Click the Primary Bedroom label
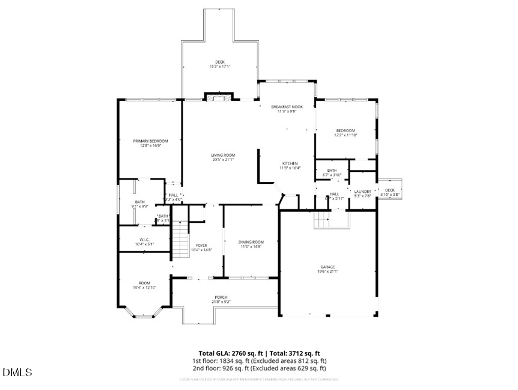point(150,143)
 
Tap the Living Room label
point(222,157)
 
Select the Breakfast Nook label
point(286,109)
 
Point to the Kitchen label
point(290,166)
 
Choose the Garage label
point(327,269)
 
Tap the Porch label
point(221,299)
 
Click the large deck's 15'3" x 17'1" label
point(219,64)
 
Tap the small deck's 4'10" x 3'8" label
point(390,192)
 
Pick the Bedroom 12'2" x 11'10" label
point(346,133)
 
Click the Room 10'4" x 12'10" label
point(144,285)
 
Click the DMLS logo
point(17,373)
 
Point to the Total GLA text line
point(259,353)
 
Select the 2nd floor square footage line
point(259,368)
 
